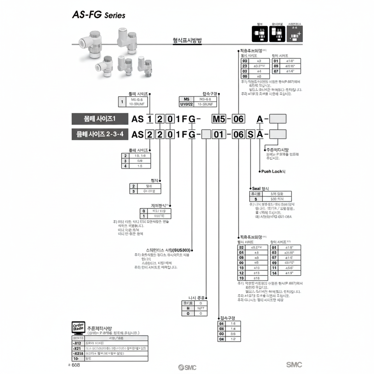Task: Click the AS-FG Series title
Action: click(x=99, y=15)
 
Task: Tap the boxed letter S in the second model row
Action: click(x=250, y=135)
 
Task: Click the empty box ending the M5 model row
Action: click(x=278, y=119)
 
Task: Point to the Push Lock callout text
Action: click(x=273, y=171)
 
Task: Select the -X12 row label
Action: click(x=77, y=342)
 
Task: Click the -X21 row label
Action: click(x=77, y=348)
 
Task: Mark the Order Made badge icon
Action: click(x=78, y=327)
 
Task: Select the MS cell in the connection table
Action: click(x=186, y=99)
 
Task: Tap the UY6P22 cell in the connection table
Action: click(x=186, y=104)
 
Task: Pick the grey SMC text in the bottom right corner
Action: click(x=294, y=365)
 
